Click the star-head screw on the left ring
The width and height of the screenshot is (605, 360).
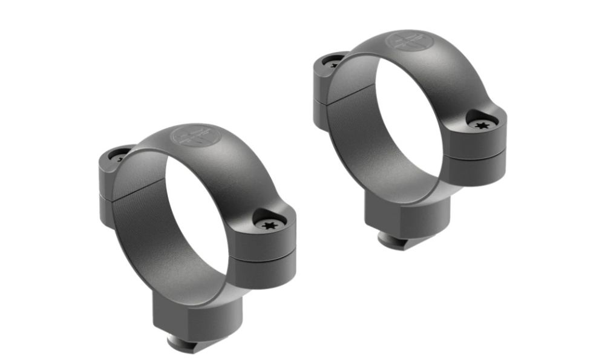coord(269,225)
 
